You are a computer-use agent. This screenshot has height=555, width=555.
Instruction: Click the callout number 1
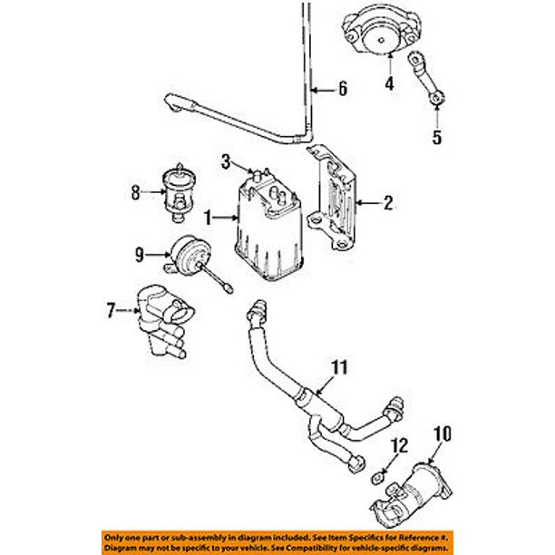(209, 218)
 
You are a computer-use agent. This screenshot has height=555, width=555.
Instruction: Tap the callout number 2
(388, 203)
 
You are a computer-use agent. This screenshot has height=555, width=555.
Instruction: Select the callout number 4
(389, 83)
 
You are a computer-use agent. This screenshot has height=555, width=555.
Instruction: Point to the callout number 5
(437, 137)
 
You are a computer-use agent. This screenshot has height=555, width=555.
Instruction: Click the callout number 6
(343, 88)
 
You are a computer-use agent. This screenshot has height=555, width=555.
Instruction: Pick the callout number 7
(112, 310)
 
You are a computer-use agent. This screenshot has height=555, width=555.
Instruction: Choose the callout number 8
(135, 193)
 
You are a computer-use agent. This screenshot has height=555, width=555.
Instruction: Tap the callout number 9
(140, 255)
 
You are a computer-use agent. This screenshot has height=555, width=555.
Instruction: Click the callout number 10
(443, 434)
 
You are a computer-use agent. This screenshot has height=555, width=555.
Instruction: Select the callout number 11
(339, 367)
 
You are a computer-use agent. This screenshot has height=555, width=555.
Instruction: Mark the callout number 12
(399, 445)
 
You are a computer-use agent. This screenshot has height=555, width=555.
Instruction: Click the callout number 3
(226, 162)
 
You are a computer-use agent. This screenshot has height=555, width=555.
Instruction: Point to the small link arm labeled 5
(426, 78)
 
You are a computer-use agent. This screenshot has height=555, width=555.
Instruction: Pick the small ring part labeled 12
(377, 479)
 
